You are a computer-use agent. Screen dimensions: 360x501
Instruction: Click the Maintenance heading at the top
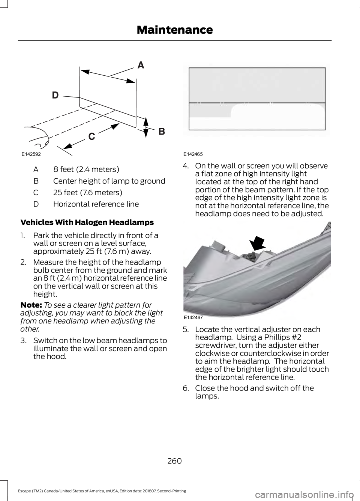[175, 30]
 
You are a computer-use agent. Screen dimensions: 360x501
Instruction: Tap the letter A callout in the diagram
[141, 65]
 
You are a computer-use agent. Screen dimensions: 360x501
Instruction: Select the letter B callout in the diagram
[162, 131]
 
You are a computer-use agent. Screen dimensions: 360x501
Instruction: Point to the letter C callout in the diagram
[92, 136]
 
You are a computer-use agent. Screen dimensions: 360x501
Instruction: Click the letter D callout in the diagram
[55, 95]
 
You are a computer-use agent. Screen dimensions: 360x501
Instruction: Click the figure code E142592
[31, 154]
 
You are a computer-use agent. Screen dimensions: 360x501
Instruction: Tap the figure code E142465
[193, 154]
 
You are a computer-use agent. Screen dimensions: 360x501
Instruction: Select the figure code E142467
[193, 317]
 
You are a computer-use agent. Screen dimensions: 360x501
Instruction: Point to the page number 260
[174, 461]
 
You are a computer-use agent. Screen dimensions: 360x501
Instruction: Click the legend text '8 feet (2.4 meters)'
[86, 169]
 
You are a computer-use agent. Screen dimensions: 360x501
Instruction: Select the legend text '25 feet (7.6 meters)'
[88, 193]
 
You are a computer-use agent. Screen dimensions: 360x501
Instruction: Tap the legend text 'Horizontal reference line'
[96, 204]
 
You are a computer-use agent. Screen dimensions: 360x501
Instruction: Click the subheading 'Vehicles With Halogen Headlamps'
[87, 222]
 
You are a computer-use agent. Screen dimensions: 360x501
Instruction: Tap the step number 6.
[186, 388]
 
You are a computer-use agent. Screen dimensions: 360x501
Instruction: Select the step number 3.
[23, 341]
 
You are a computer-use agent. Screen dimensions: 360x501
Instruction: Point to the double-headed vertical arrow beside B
[146, 127]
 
